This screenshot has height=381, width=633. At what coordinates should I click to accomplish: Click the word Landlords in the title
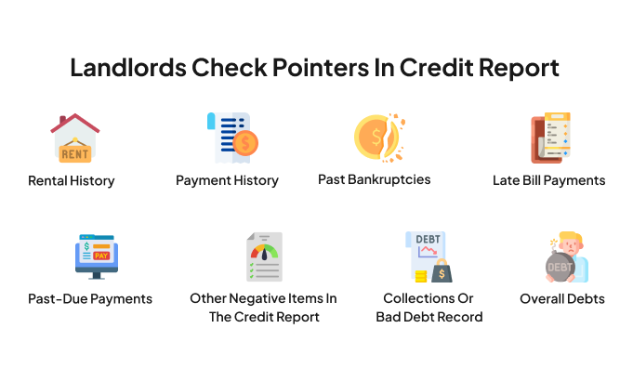pos(128,68)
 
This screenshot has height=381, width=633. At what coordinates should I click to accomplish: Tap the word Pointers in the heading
pos(321,68)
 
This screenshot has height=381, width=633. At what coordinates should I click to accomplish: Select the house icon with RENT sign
pos(75,138)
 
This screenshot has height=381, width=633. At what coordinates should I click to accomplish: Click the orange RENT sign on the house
pos(75,153)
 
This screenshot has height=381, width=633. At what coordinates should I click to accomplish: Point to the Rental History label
pos(71,181)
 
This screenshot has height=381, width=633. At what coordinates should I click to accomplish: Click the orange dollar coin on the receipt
pos(245,143)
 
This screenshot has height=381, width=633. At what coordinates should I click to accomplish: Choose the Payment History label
pos(227,180)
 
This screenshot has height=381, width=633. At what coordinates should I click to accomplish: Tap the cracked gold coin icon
pos(379,138)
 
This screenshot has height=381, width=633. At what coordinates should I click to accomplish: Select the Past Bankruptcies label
pos(375,179)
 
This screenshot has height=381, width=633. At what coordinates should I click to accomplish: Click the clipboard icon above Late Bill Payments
pos(550,138)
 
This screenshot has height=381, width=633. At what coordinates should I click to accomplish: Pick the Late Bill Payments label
pos(549,180)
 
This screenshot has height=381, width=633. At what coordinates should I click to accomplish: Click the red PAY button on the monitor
pos(101,256)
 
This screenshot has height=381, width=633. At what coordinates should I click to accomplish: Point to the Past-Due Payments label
pos(90,299)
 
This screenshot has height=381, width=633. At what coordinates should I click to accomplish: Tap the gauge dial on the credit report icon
pos(264,252)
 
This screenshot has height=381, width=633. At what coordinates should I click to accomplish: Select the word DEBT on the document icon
pos(428,240)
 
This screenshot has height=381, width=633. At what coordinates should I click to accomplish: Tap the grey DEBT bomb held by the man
pos(560,267)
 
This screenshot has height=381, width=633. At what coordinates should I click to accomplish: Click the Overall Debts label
pos(562,299)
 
